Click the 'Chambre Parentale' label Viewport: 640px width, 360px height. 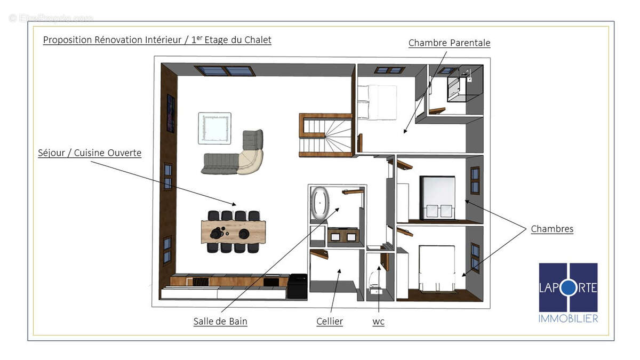(x=449, y=43)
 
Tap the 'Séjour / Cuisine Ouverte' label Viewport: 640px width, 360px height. (x=90, y=153)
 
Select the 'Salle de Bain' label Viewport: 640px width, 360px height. (x=220, y=321)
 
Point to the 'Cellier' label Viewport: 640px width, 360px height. (x=330, y=321)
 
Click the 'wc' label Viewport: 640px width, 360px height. (x=378, y=321)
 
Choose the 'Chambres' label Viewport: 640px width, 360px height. (x=552, y=229)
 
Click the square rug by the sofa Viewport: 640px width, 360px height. (x=214, y=128)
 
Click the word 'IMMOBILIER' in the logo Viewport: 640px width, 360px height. (x=568, y=318)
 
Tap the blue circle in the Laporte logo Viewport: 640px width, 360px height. (x=568, y=287)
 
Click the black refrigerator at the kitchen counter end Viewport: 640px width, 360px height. (x=297, y=286)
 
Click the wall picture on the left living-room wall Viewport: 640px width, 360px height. (x=171, y=113)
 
